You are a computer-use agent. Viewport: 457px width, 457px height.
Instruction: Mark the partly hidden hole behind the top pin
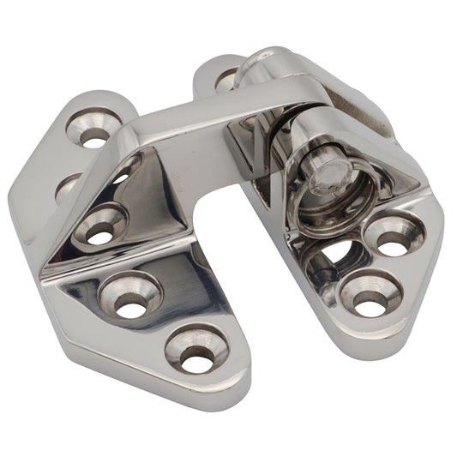coord(226,80)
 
